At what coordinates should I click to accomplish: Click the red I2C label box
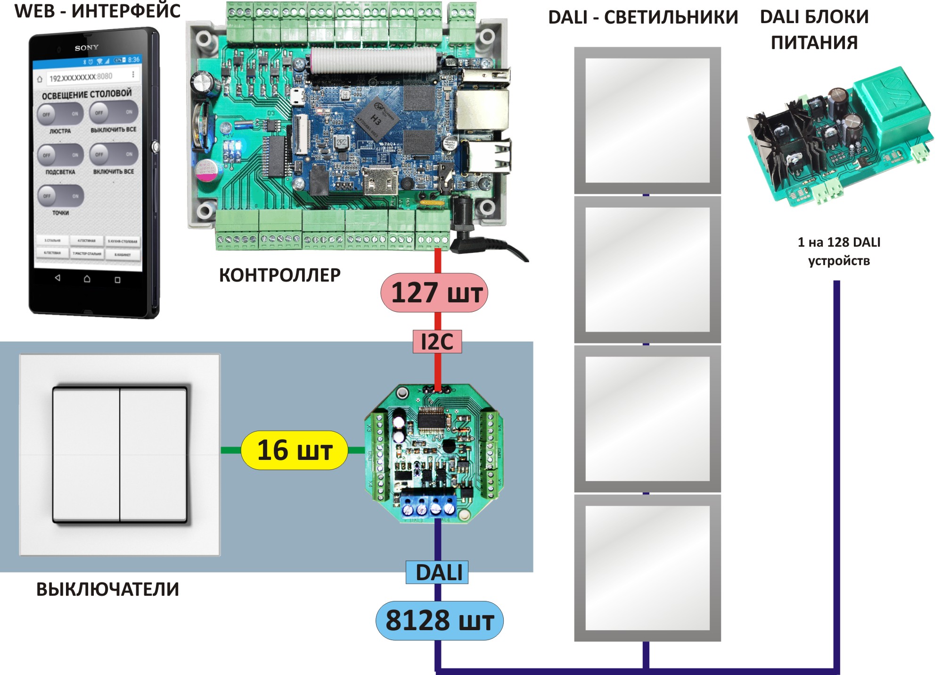click(x=437, y=342)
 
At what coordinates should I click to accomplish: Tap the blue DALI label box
click(x=437, y=572)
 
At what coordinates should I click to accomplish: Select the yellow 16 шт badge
click(x=295, y=450)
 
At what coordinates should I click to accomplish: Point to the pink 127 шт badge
click(x=434, y=292)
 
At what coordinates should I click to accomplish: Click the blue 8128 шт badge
click(x=439, y=620)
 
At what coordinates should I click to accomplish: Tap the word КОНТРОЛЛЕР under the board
click(x=279, y=275)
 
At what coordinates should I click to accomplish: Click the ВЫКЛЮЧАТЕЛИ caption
click(x=107, y=589)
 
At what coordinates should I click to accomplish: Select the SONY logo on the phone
click(x=87, y=48)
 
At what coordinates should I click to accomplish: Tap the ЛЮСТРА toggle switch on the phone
click(x=60, y=114)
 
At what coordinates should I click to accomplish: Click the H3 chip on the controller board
click(x=375, y=117)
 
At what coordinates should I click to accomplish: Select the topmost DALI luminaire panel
click(x=647, y=120)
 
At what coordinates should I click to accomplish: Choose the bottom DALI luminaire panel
click(x=647, y=567)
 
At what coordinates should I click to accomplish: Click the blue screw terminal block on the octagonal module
click(x=428, y=506)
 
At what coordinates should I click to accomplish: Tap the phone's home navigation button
click(x=87, y=279)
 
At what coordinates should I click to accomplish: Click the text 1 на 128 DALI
click(x=839, y=242)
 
